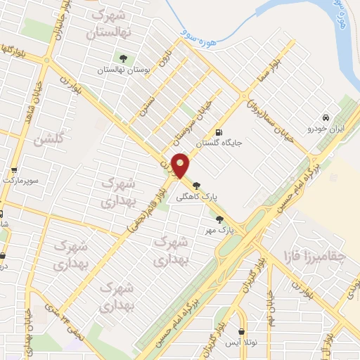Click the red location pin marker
[x=181, y=166]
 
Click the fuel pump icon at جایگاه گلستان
[x=220, y=132]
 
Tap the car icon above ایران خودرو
[x=326, y=118]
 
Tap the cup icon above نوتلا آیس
[x=242, y=331]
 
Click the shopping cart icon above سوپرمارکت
[x=13, y=170]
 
